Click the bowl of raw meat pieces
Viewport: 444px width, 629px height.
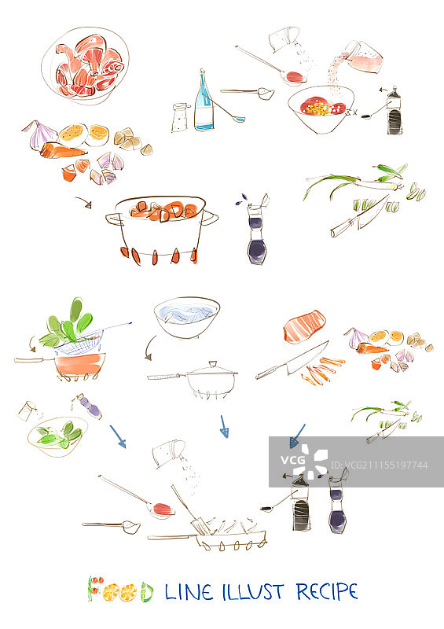coord(85,66)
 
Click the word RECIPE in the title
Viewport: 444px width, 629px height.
coord(327,592)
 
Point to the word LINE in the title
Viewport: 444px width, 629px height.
coord(189,592)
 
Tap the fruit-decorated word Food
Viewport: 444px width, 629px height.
coord(120,590)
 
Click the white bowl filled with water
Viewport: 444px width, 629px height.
coord(187,317)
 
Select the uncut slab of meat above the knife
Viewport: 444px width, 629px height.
coord(304,326)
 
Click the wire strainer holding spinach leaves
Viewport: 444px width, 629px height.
coord(80,340)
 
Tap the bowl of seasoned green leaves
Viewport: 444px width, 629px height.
coord(57,436)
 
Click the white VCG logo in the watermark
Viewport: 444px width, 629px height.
coord(304,462)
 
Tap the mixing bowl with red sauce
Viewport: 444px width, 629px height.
coord(321,109)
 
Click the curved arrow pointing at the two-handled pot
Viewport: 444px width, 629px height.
coord(83,202)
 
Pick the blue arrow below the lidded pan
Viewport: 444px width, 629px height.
coord(224,426)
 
